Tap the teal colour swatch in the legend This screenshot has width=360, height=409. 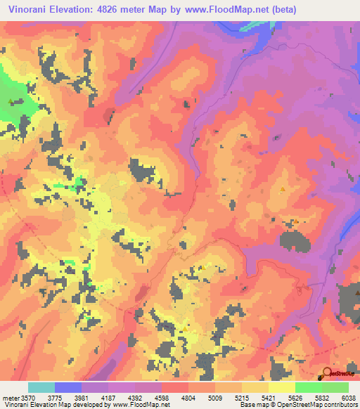point(41,387)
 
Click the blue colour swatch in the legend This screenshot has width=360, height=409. point(68,387)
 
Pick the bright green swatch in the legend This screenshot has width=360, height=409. point(308,387)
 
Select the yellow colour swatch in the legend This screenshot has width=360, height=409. point(281,387)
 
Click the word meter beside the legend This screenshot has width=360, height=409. point(11,397)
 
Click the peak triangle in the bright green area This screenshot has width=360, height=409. point(10,100)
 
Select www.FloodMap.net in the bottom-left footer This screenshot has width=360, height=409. point(144,405)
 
